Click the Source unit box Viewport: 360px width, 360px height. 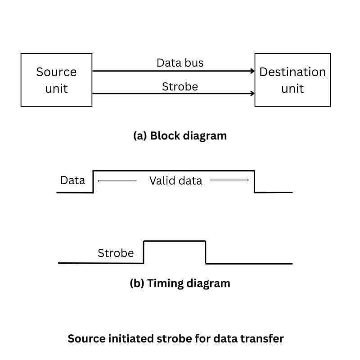coord(56,80)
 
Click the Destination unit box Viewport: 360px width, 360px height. coord(292,80)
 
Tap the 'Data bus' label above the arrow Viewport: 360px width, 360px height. coord(180,63)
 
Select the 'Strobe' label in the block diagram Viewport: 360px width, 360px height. coord(180,86)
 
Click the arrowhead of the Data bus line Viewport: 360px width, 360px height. coord(252,71)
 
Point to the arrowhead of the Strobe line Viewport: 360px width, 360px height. coord(252,94)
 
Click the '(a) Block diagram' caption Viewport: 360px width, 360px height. coord(180,135)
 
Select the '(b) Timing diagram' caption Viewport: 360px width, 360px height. coord(180,283)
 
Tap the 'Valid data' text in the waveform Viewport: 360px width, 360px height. coord(175,181)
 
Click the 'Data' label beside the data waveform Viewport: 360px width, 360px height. coord(72,180)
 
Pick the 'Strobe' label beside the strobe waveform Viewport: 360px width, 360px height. coord(116,253)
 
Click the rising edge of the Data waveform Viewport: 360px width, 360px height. coord(93,181)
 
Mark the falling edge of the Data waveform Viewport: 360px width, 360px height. coord(255,181)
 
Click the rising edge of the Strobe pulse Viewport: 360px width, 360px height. coord(144,252)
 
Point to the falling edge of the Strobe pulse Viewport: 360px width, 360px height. coord(206,252)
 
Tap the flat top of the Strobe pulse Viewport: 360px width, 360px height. coord(175,241)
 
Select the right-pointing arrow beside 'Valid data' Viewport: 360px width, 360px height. coord(229,180)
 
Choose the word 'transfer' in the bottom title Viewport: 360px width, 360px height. coord(265,339)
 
